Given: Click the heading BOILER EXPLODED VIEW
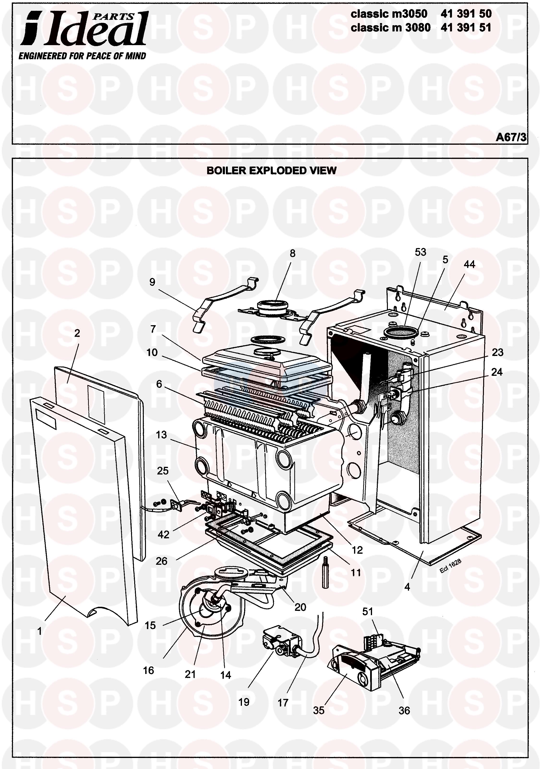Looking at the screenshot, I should point(271,170).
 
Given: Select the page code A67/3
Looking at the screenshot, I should point(511,137).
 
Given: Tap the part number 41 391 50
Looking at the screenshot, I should point(466,14).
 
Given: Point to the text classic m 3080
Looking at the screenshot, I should point(390,27).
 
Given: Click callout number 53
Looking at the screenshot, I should point(420,252).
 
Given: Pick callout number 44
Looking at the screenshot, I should point(469,264).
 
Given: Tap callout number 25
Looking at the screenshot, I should point(163,471).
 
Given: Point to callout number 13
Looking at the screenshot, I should point(161,435).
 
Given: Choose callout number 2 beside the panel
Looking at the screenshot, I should point(77,333).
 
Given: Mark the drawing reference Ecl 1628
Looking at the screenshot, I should point(451,566).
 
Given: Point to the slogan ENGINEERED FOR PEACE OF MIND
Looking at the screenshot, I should point(82,56).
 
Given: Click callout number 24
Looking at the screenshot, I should point(497,372).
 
